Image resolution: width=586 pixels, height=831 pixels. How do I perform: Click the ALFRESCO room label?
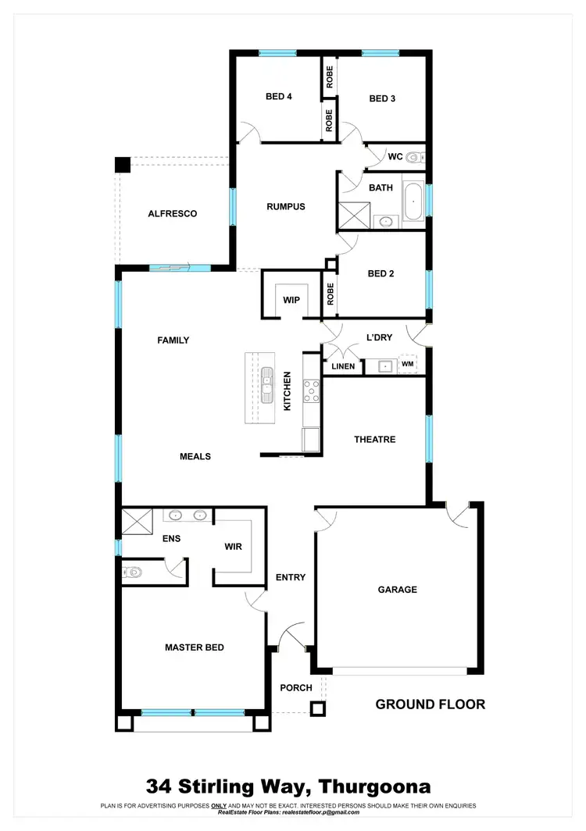[x=172, y=213]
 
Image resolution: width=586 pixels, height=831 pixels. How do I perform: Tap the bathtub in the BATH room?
[x=413, y=201]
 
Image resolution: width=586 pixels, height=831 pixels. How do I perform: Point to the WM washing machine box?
[x=407, y=364]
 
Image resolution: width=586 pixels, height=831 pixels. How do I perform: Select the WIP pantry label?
[x=291, y=299]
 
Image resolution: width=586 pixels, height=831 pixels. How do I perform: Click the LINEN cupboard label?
[x=343, y=366]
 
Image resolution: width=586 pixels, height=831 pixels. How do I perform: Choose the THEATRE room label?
[x=374, y=440]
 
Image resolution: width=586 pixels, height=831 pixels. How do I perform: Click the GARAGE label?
[x=397, y=590]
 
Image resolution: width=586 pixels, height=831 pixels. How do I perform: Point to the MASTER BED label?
[x=194, y=647]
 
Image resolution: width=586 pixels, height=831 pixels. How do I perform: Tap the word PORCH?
[x=296, y=687]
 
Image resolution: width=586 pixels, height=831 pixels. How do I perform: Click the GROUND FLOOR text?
[x=430, y=704]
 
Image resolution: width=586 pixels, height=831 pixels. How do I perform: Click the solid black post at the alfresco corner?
[x=123, y=165]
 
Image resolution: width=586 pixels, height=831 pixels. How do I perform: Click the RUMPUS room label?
[x=285, y=207]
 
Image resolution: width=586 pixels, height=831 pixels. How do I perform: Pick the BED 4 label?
[x=279, y=98]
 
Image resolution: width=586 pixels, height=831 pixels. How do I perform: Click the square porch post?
[x=317, y=709]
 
